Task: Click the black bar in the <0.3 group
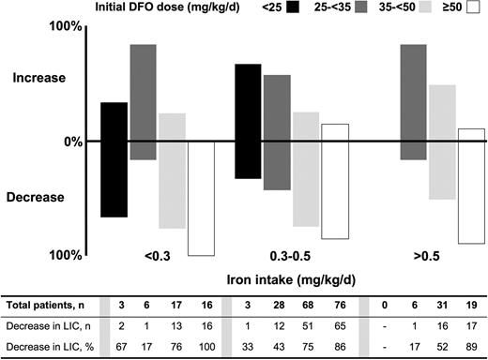pyautogui.click(x=114, y=159)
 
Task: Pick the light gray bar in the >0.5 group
pyautogui.click(x=442, y=142)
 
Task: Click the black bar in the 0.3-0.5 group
pyautogui.click(x=248, y=121)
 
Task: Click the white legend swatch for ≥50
pyautogui.click(x=469, y=8)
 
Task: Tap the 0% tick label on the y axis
pyautogui.click(x=63, y=142)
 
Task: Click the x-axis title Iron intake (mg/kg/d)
pyautogui.click(x=292, y=279)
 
